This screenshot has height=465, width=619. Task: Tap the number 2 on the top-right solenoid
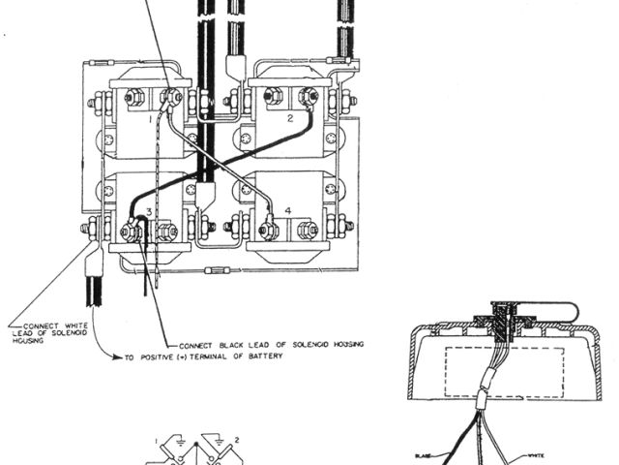[x=289, y=117]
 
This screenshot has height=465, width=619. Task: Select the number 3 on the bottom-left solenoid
[x=148, y=210]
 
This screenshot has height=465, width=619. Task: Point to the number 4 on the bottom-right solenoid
[x=287, y=210]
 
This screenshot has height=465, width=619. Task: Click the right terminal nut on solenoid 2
[x=309, y=95]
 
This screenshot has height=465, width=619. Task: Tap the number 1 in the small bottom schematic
[x=158, y=441]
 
